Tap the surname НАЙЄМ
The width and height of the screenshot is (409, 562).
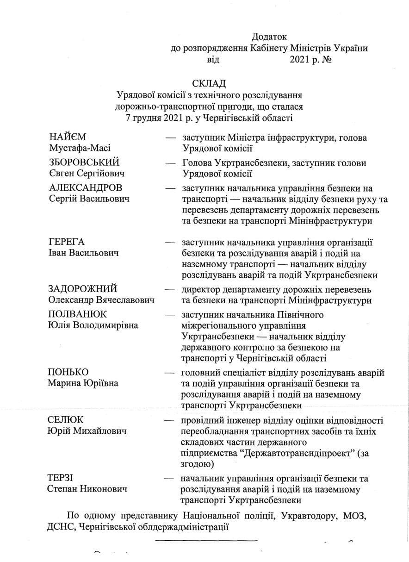tap(68, 137)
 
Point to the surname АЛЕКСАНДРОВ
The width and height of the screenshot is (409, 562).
tap(86, 188)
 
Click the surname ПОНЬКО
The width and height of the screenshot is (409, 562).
tap(68, 373)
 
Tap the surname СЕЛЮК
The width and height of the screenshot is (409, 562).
tap(66, 420)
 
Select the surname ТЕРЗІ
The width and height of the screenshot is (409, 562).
tap(61, 478)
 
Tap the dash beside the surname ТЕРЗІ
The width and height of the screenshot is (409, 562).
tap(171, 478)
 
